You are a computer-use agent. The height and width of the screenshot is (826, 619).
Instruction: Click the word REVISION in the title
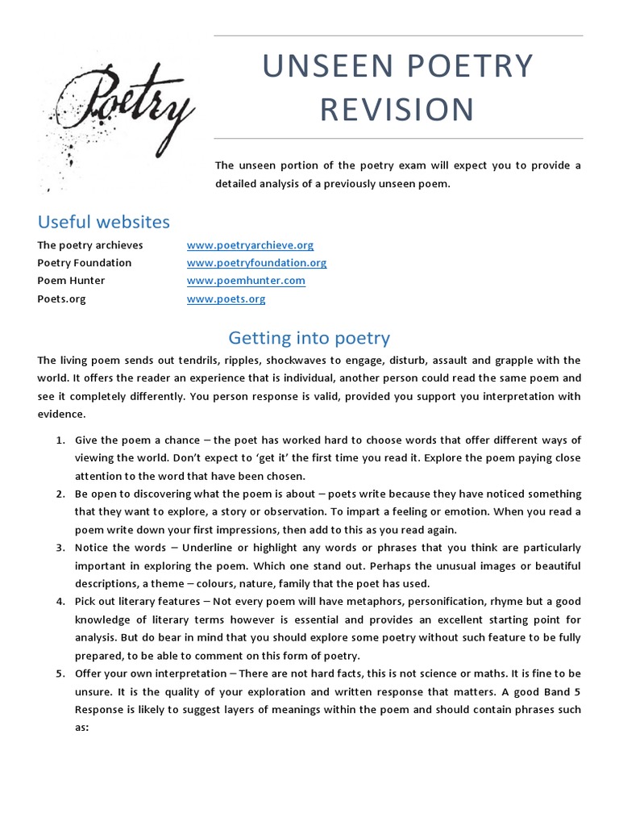pyautogui.click(x=397, y=108)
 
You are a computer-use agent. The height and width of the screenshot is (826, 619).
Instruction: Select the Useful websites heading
pyautogui.click(x=104, y=221)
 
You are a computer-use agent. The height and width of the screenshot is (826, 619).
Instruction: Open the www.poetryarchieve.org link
pyautogui.click(x=250, y=245)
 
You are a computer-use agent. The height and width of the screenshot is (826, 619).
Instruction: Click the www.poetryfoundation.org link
pyautogui.click(x=256, y=263)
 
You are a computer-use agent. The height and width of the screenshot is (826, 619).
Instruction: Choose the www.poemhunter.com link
pyautogui.click(x=246, y=281)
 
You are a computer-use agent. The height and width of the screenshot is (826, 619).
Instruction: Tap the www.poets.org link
pyautogui.click(x=226, y=298)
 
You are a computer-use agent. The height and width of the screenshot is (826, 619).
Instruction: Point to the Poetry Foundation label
pyautogui.click(x=84, y=263)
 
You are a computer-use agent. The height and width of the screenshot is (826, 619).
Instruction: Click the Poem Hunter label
pyautogui.click(x=71, y=281)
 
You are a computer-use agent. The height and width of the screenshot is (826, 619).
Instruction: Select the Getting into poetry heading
pyautogui.click(x=309, y=337)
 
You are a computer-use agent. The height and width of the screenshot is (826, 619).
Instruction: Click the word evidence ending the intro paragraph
pyautogui.click(x=61, y=413)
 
